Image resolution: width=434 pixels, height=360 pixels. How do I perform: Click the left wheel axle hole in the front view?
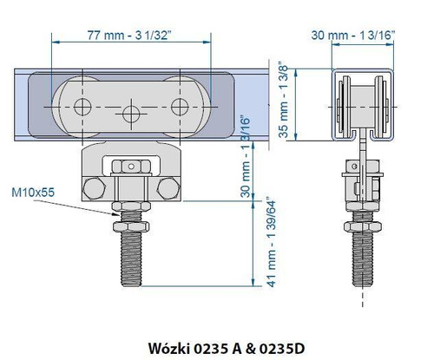click(82, 106)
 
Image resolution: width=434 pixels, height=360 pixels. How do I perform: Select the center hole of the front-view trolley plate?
click(131, 112)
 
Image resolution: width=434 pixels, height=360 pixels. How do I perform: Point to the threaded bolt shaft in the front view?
click(131, 252)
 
